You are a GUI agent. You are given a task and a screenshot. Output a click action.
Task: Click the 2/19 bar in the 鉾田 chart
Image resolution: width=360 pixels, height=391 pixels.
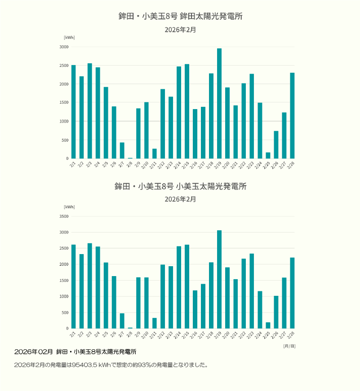tap(219, 104)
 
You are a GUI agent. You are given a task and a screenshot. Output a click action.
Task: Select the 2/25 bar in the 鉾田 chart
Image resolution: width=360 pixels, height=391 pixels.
tap(268, 155)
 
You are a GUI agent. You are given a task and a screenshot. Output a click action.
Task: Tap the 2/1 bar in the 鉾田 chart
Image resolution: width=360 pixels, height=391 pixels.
tap(73, 112)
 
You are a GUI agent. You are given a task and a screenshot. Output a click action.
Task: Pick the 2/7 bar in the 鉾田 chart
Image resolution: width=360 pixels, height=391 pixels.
tap(122, 150)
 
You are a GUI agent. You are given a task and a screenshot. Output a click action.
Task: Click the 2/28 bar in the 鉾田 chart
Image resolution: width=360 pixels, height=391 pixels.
tap(292, 116)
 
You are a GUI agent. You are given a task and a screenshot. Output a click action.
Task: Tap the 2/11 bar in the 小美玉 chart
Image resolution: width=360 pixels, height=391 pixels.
tap(154, 323)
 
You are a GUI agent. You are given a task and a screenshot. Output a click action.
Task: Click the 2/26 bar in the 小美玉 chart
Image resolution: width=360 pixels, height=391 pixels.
tap(276, 312)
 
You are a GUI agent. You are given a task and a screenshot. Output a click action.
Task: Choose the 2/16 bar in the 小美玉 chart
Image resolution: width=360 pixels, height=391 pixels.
tap(195, 309)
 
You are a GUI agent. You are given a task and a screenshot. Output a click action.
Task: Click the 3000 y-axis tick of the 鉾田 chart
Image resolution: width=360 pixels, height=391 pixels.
tap(64, 47)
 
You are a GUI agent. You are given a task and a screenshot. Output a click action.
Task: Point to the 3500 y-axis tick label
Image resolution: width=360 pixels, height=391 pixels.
tap(64, 216)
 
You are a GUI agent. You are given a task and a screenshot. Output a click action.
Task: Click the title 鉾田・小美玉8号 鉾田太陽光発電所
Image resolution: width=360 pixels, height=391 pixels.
tap(180, 17)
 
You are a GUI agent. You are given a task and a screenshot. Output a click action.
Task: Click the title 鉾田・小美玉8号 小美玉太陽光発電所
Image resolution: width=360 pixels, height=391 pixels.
tap(180, 186)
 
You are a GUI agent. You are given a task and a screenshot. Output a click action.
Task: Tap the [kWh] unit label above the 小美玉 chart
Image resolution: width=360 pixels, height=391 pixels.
tap(69, 207)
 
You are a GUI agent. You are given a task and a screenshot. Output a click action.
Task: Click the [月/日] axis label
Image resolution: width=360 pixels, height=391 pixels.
tap(289, 346)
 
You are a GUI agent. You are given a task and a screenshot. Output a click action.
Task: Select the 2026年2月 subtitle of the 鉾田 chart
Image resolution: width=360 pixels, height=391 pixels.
tap(180, 30)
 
